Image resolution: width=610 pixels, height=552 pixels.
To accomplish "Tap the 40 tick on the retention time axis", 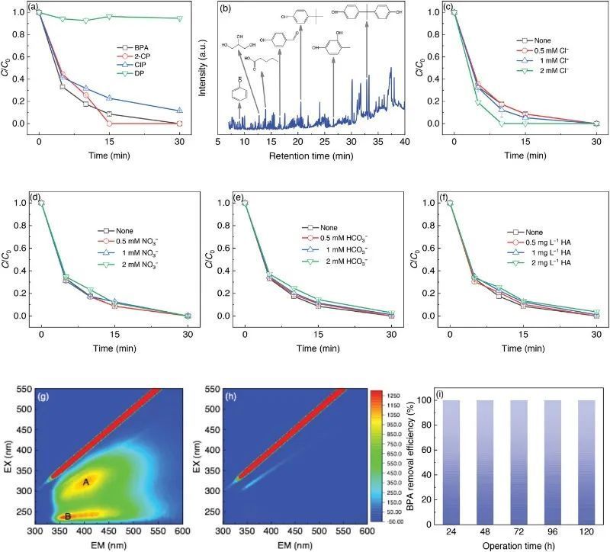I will pos(404,141).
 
